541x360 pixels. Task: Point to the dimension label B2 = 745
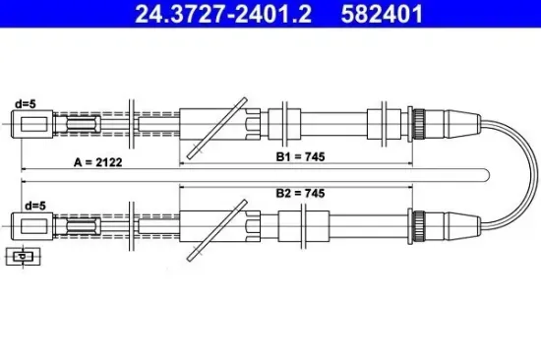[x=300, y=194]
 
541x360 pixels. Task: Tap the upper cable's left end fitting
[x=31, y=124]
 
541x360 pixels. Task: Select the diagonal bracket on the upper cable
[x=215, y=125]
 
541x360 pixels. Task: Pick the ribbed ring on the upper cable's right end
[x=417, y=124]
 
